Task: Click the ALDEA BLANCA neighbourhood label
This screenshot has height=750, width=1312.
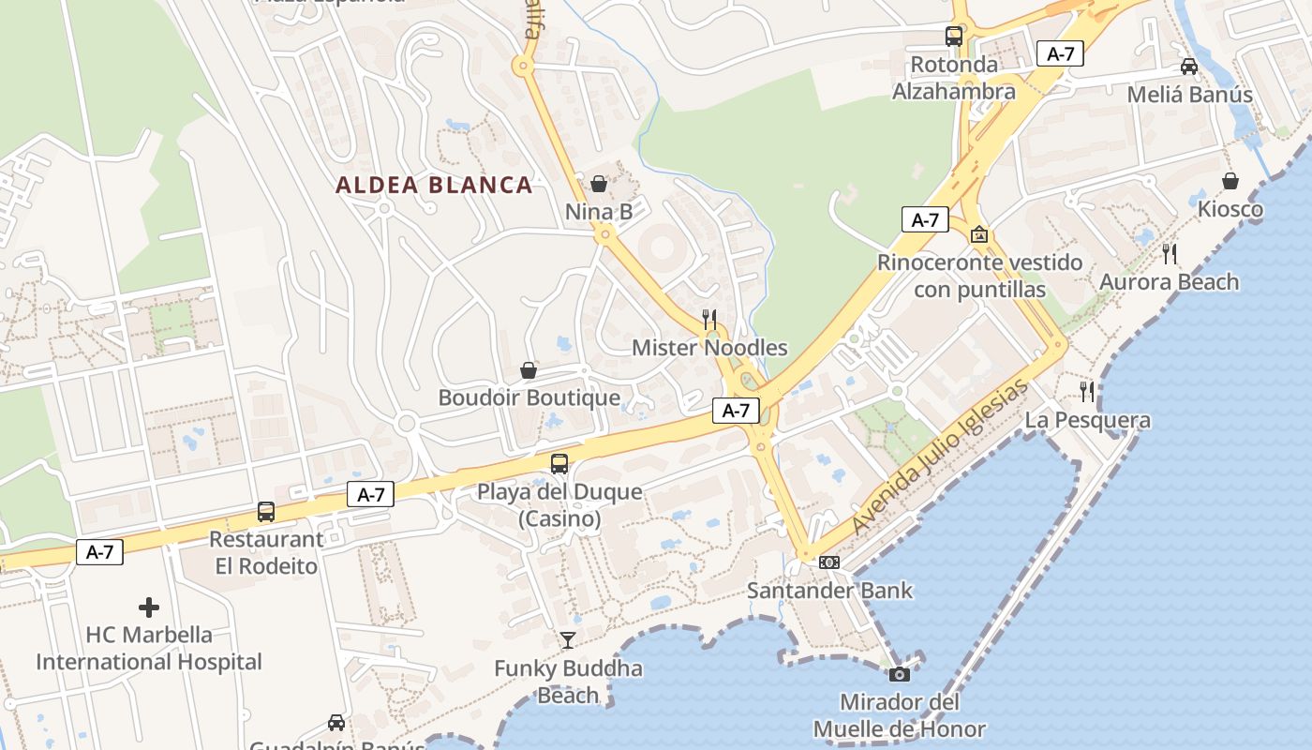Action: point(434,185)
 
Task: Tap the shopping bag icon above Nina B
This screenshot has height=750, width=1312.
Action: point(599,184)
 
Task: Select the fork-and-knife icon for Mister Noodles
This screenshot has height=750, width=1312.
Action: point(709,320)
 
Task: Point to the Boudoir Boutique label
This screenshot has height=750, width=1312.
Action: point(529,397)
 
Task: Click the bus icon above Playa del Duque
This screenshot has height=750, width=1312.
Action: point(559,463)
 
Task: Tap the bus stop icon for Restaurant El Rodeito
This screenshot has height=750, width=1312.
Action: point(266,512)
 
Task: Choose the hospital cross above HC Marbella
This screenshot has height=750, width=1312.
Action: point(149,607)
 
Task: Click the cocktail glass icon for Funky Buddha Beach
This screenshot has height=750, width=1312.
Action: point(568,640)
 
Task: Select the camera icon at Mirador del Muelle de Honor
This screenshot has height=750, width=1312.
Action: point(900,674)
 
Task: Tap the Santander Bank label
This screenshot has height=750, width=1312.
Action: point(829,591)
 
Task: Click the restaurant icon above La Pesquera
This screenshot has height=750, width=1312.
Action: point(1087,391)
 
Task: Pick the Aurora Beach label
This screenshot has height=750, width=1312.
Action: point(1169,282)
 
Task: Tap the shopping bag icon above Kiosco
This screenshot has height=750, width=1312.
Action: point(1230,181)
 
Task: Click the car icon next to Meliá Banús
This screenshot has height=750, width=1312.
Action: point(1189,67)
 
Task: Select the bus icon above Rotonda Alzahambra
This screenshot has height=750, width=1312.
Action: point(954,37)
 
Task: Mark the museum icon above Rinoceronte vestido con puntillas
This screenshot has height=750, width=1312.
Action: point(979,234)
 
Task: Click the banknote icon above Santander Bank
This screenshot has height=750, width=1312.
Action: point(829,562)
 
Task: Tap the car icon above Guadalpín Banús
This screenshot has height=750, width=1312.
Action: point(336,723)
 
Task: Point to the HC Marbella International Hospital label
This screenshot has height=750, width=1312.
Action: point(149,648)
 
